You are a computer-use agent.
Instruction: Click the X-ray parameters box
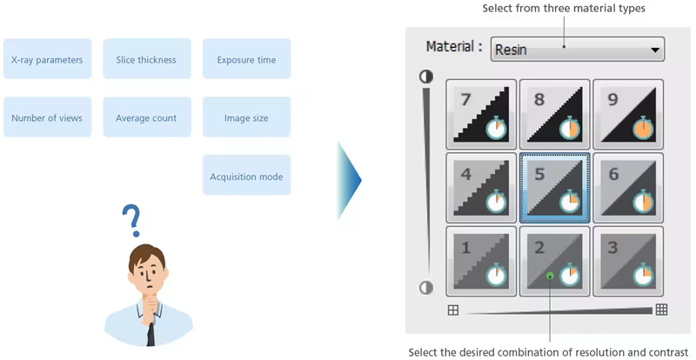tap(47, 59)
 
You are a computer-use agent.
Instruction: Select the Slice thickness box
tap(146, 59)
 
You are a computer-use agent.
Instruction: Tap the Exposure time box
tap(246, 59)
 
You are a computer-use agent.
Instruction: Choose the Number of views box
tap(47, 117)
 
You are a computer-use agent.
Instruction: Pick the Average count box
tap(146, 117)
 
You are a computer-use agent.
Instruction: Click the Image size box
tap(246, 117)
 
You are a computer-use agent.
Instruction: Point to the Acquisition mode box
tap(246, 176)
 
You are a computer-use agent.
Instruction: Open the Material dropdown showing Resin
tap(577, 50)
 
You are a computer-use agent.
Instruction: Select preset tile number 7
tap(481, 113)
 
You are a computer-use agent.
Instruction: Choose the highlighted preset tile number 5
tap(554, 186)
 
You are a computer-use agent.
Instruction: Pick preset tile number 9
tap(627, 113)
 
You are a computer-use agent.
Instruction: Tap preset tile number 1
tap(481, 259)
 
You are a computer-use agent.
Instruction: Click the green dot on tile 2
tap(550, 277)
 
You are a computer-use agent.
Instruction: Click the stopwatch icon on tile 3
tap(644, 276)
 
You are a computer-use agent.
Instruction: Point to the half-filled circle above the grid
tap(426, 77)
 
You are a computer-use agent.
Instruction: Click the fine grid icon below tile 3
tap(661, 310)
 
